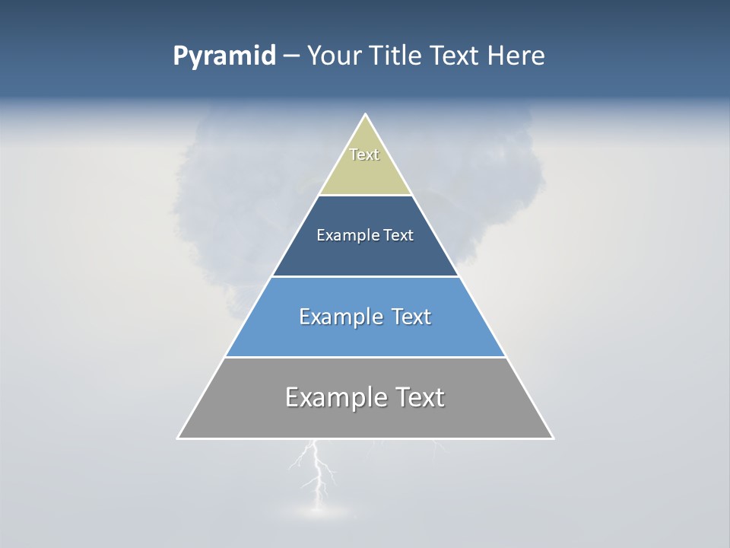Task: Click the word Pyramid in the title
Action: [224, 56]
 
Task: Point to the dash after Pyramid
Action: [291, 56]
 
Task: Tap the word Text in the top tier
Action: [364, 155]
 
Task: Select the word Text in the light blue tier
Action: [411, 317]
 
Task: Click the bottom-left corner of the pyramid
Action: [178, 438]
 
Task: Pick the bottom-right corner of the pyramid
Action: [553, 438]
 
